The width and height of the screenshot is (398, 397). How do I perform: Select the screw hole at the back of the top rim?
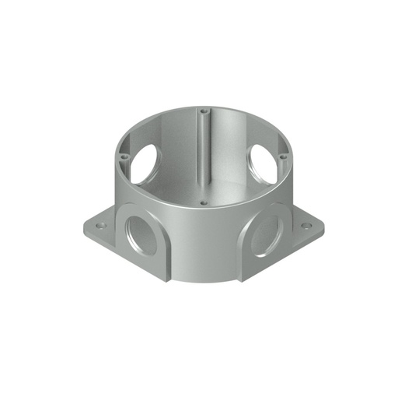(x=204, y=111)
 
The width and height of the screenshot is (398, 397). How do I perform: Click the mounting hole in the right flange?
(x=306, y=226)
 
